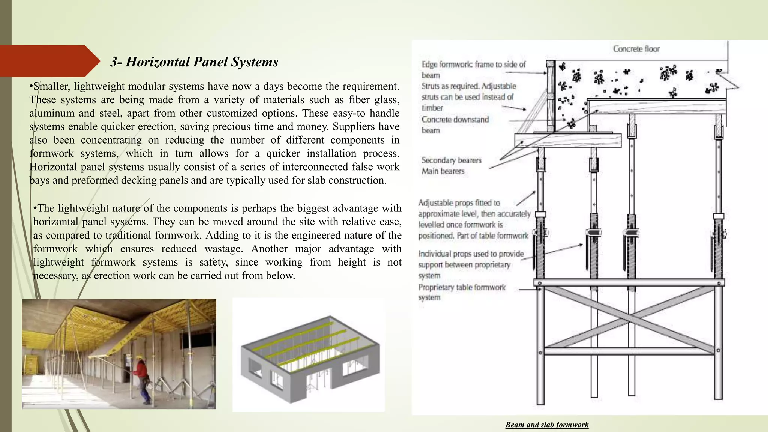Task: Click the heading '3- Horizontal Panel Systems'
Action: click(x=194, y=62)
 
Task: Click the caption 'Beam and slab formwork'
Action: click(x=547, y=424)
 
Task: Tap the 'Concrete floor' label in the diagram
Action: click(x=636, y=49)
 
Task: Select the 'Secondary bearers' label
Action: click(x=451, y=160)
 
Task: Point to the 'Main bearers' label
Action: click(x=443, y=171)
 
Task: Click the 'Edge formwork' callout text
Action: click(x=473, y=64)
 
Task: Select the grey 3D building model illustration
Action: click(x=309, y=354)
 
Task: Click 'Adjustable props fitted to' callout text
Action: click(x=459, y=203)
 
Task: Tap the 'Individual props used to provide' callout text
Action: click(x=471, y=254)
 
